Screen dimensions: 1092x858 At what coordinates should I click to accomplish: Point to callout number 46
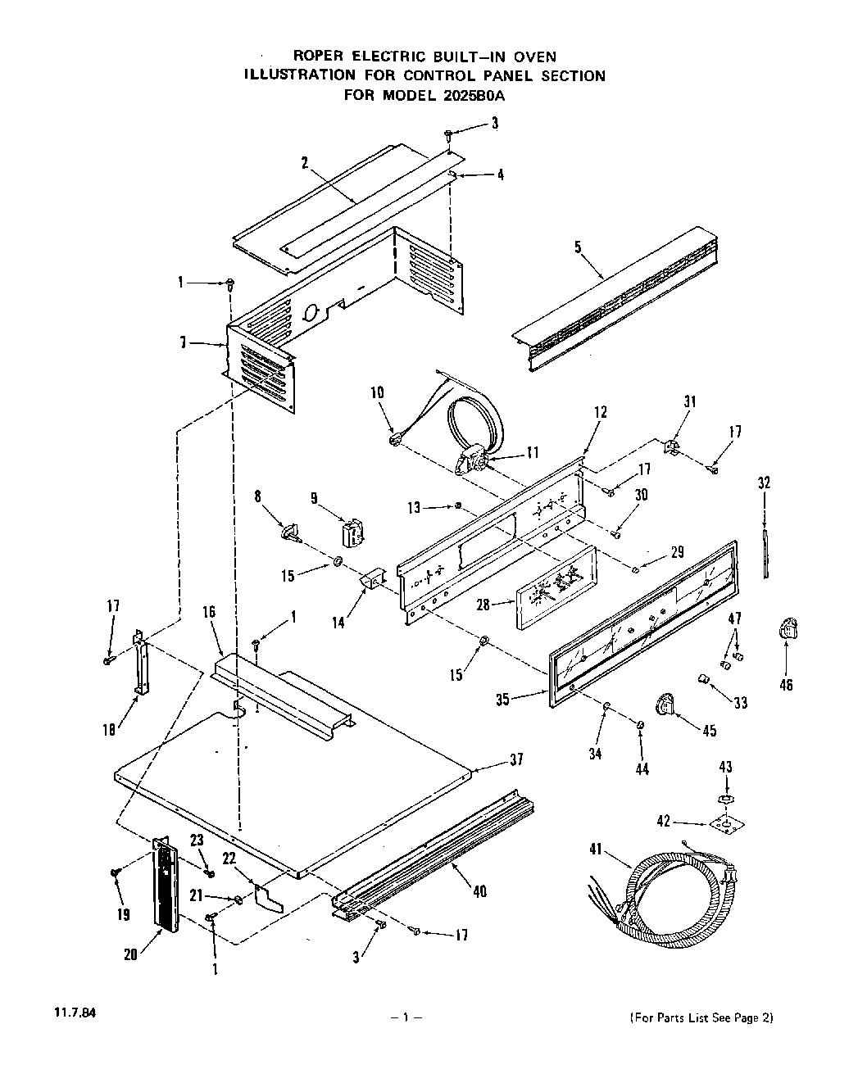coord(786,685)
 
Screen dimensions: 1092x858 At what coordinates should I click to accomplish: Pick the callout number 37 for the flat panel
coord(515,760)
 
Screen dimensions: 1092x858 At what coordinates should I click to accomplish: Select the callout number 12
coord(601,412)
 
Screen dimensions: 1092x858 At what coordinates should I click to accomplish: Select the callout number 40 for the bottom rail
coord(479,891)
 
